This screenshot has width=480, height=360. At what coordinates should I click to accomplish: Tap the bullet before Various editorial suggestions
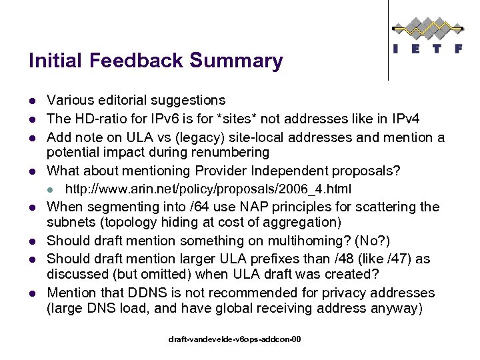point(32,101)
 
